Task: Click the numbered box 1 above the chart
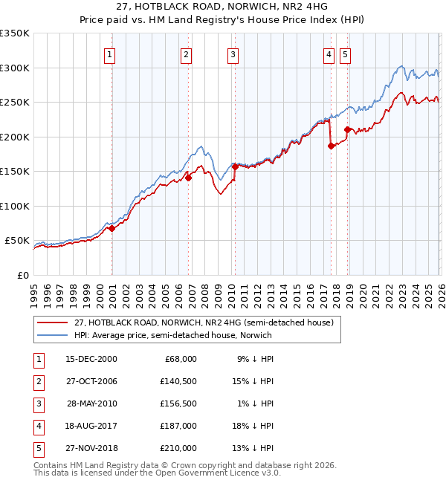coord(109,54)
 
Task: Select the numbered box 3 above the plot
coord(233,54)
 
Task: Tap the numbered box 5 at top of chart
coord(345,54)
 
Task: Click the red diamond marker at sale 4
coord(331,146)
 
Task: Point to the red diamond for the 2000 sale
coord(111,229)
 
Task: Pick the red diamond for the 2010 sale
coord(236,167)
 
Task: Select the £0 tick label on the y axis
coord(22,275)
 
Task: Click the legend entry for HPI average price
coord(172,335)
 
